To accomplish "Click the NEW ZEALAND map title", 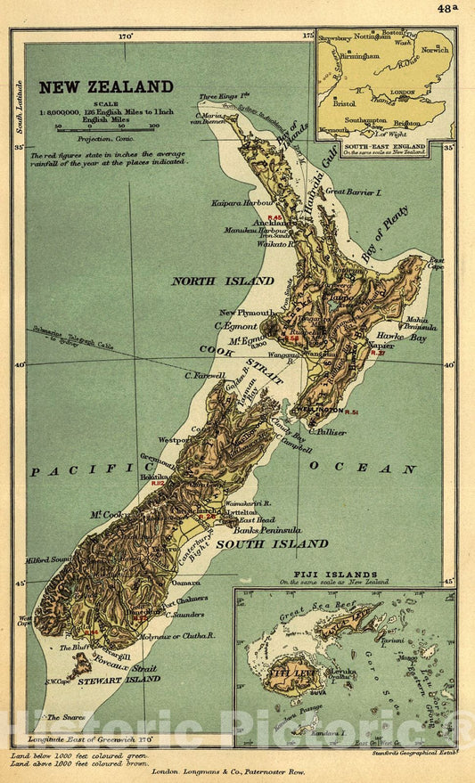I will (105, 86).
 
